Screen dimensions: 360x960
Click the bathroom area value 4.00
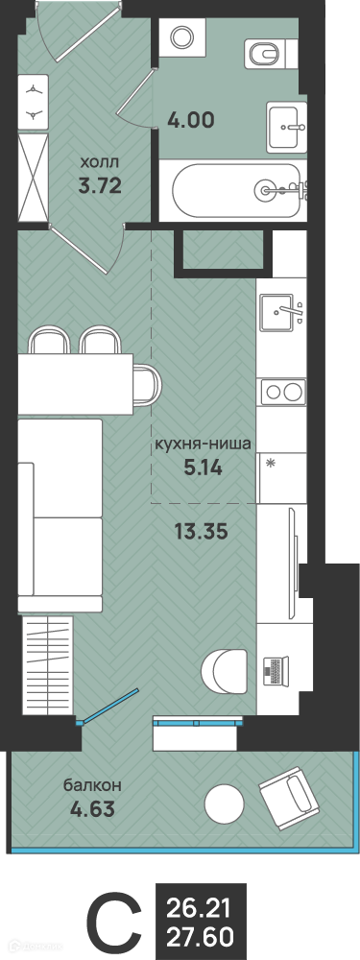point(191,121)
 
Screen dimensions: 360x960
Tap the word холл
point(101,163)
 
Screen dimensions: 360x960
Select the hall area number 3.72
point(100,185)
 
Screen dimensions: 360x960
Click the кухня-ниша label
point(202,445)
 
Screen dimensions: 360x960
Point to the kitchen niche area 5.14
point(203,468)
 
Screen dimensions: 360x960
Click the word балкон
point(93,785)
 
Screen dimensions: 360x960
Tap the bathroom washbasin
point(286,126)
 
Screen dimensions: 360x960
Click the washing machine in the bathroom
point(181,38)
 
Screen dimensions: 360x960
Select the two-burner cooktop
point(283,392)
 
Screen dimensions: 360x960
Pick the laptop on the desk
point(275,670)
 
